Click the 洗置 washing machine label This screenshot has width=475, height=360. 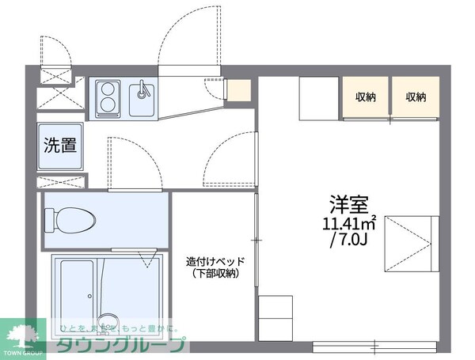click(59, 145)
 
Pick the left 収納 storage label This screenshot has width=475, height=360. click(366, 97)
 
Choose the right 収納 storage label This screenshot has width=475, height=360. click(416, 97)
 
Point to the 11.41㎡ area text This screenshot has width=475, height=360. click(348, 222)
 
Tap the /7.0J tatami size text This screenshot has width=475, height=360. click(349, 239)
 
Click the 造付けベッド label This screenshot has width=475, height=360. click(216, 262)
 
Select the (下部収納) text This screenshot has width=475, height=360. click(215, 274)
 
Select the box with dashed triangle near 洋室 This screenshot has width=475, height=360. click(411, 241)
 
